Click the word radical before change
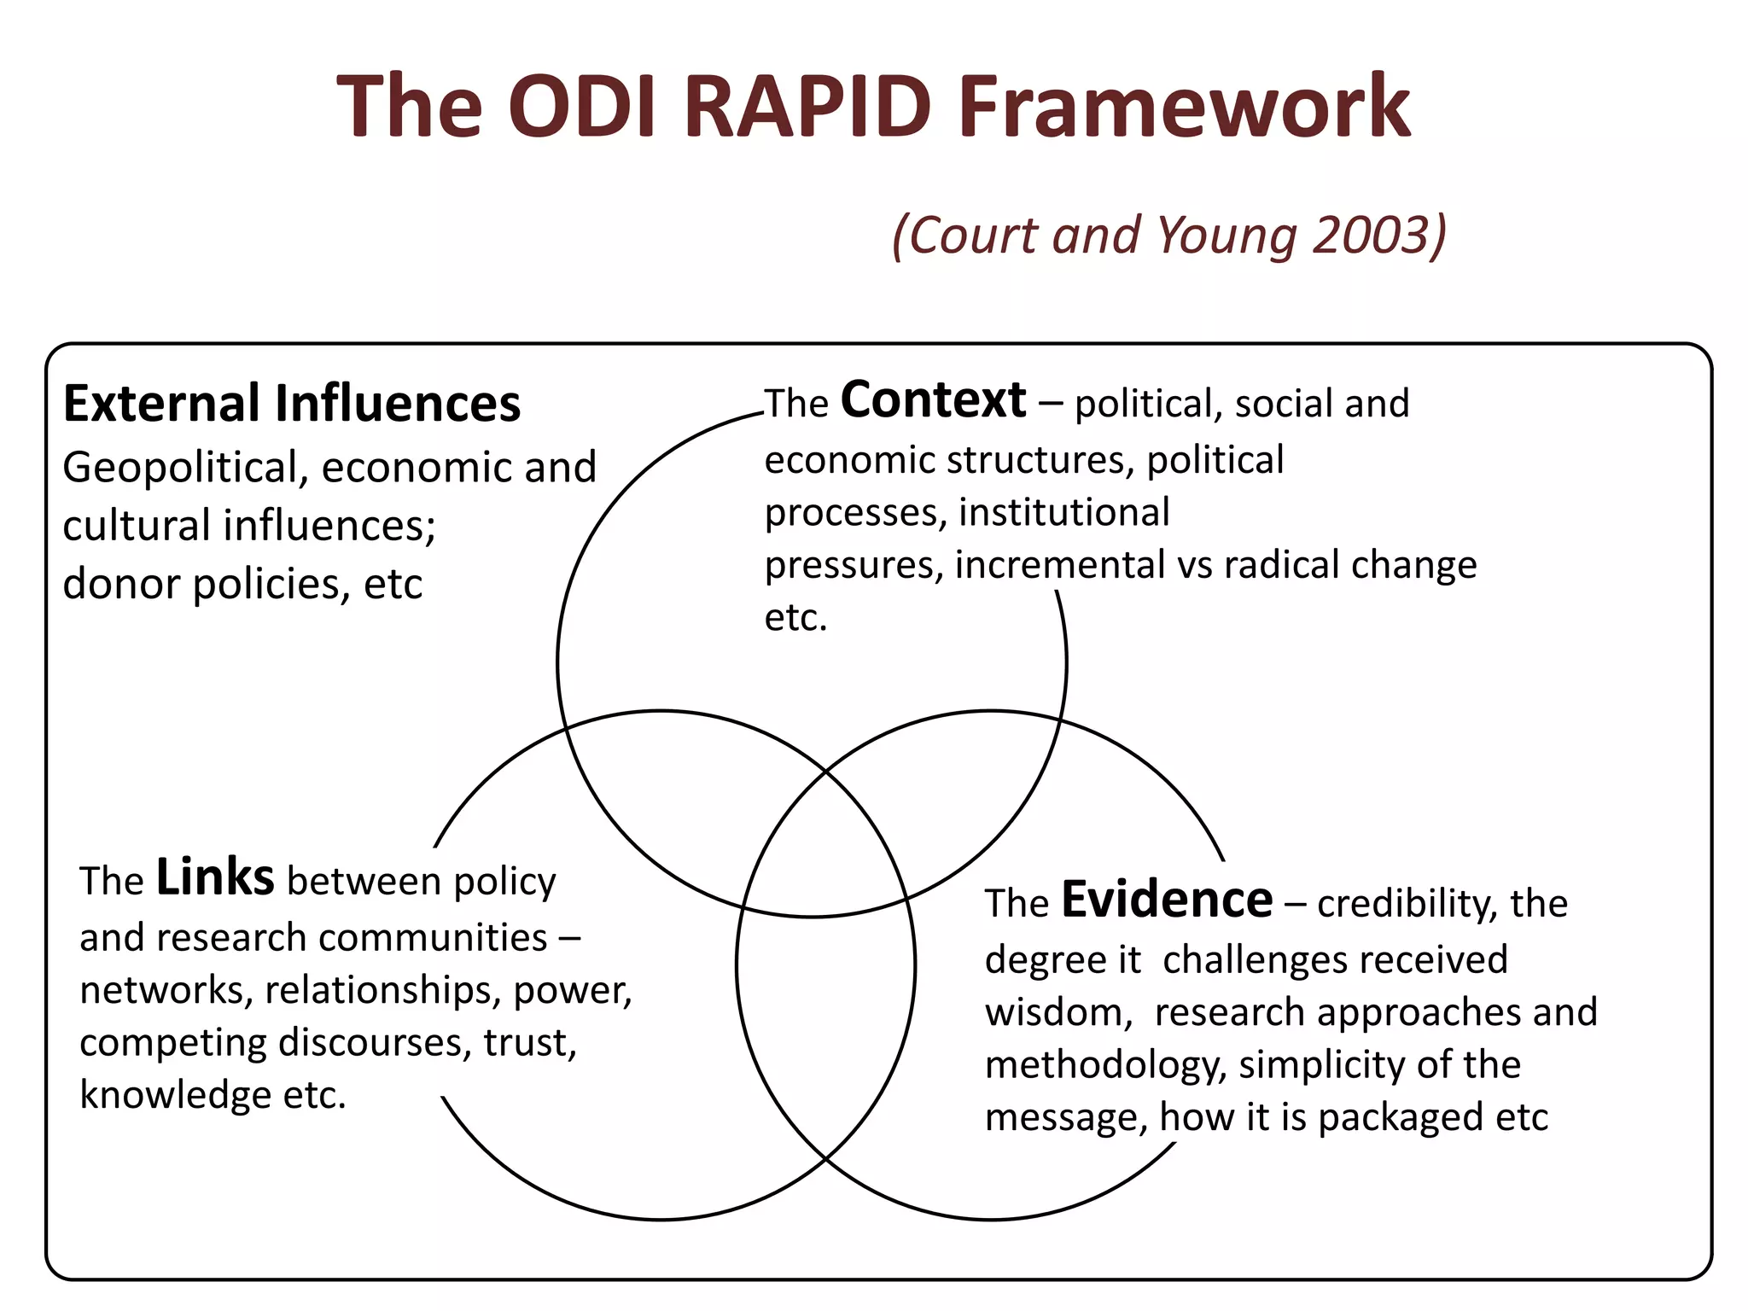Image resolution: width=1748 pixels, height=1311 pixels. (1281, 565)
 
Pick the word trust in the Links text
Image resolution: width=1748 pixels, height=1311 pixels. (529, 1042)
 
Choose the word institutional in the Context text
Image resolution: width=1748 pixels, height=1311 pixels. (1063, 512)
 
